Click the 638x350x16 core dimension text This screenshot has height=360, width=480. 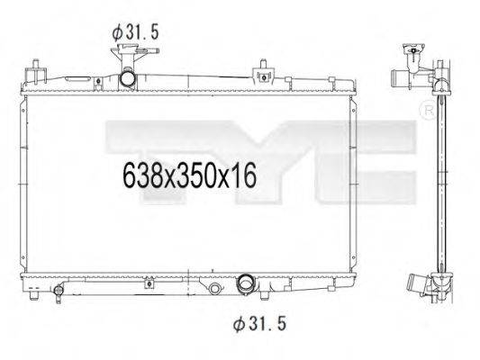pyautogui.click(x=189, y=175)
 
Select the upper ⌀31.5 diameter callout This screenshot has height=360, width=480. pyautogui.click(x=136, y=33)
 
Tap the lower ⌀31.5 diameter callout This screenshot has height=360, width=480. pyautogui.click(x=259, y=324)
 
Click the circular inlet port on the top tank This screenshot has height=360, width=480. pyautogui.click(x=127, y=79)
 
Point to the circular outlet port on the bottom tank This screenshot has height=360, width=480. pyautogui.click(x=246, y=283)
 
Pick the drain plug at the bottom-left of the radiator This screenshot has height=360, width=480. pyautogui.click(x=59, y=292)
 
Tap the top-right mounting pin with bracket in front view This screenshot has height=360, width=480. pyautogui.click(x=263, y=73)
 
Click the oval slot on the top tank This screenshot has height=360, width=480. pyautogui.click(x=77, y=79)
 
